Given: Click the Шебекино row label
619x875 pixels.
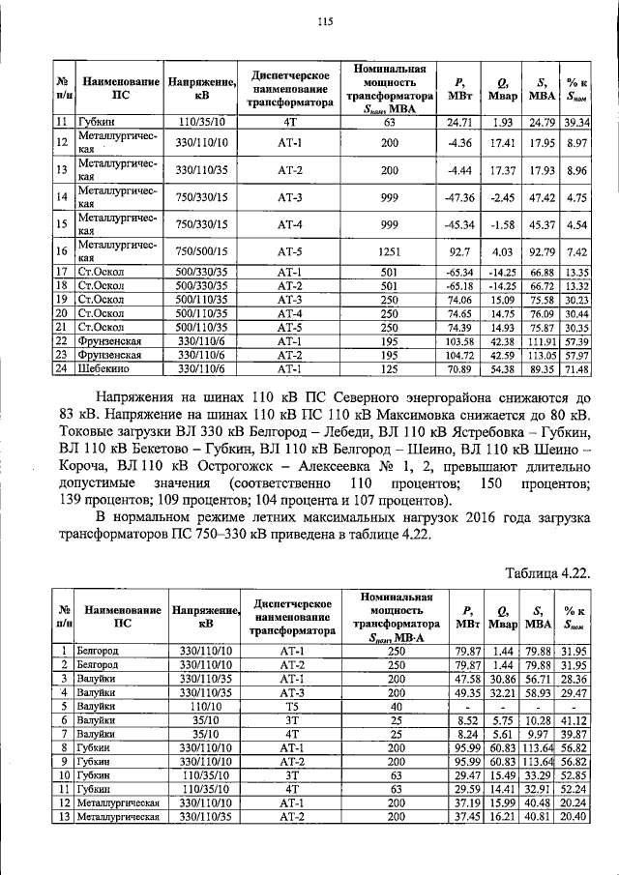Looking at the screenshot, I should [105, 368].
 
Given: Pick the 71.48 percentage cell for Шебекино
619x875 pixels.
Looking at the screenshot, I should [577, 368].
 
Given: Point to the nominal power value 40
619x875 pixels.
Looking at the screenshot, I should [389, 706].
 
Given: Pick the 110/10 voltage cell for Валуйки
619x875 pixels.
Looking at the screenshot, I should [201, 706].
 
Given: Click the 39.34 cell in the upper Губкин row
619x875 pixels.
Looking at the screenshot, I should [577, 122].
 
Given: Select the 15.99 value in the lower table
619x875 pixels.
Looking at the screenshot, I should [502, 802].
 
